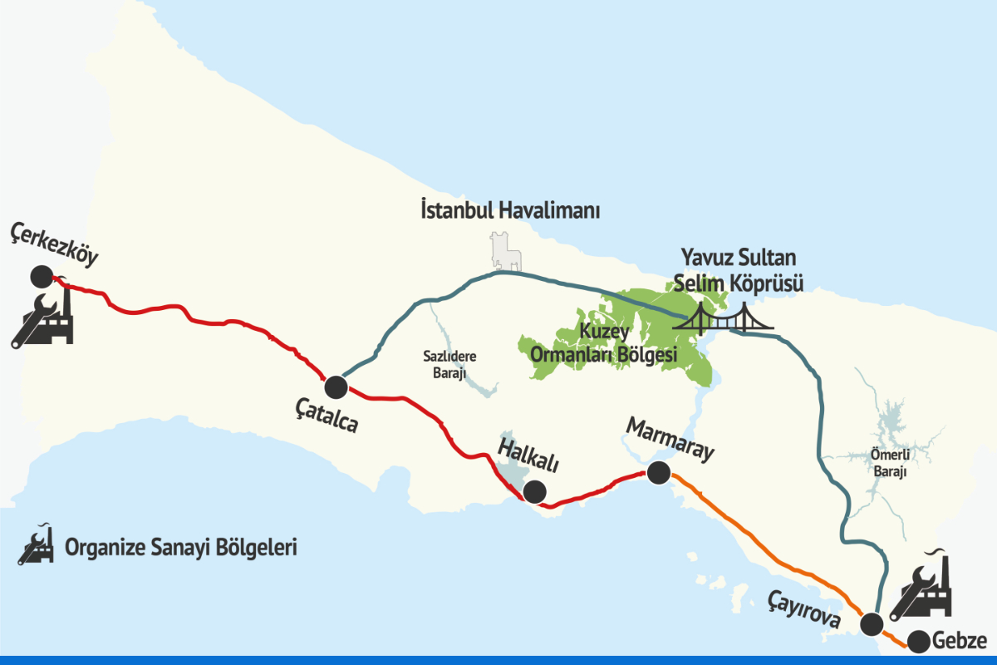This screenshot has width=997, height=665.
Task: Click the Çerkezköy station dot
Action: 40,277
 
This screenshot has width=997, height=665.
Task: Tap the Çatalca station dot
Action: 336,387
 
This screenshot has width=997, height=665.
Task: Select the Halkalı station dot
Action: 534,491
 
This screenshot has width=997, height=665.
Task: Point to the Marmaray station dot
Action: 658,473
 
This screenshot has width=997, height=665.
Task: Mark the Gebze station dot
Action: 918,642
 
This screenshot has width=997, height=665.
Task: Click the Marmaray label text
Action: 670,440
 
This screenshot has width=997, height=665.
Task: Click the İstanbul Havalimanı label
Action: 509,211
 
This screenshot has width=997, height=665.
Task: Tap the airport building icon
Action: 504,252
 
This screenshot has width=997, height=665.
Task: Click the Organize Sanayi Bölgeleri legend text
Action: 180,548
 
